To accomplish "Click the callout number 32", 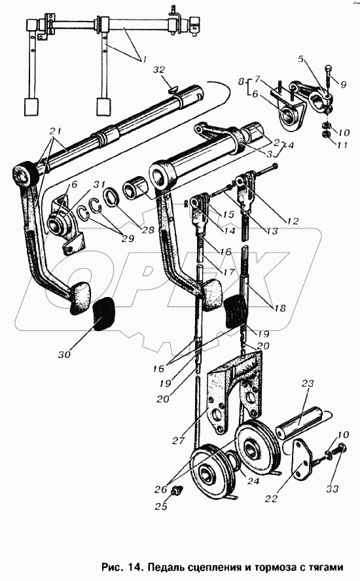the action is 160,70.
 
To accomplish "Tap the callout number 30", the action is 65,354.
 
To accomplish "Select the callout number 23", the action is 308,383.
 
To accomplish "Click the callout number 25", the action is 162,506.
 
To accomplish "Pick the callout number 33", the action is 333,489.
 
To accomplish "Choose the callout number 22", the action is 271,499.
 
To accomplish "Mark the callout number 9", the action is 344,84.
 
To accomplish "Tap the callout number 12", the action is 292,221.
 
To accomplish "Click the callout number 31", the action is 99,185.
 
